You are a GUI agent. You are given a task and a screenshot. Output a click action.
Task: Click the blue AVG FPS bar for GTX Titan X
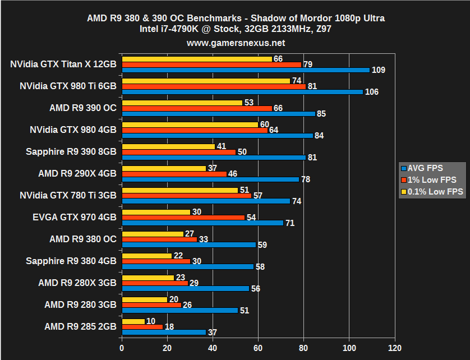246,70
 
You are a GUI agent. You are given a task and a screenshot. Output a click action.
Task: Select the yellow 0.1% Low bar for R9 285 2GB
133,321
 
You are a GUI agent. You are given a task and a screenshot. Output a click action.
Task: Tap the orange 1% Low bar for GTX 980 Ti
214,86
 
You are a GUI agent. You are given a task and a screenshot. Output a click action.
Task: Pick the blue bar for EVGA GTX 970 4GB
202,223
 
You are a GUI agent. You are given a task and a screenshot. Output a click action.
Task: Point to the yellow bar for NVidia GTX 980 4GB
190,124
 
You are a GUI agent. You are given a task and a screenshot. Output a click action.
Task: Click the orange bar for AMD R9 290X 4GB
174,174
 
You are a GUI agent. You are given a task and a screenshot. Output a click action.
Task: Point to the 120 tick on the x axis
394,347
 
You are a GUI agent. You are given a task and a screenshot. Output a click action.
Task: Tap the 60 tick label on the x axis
258,347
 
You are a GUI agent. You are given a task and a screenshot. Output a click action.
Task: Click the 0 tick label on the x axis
122,347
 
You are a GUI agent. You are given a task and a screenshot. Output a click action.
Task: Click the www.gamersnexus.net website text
236,43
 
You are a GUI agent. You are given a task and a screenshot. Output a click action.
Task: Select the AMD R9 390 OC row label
82,108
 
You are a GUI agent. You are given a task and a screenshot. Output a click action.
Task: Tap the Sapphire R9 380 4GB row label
71,261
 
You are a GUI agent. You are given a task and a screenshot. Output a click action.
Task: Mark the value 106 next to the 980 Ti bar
371,92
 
